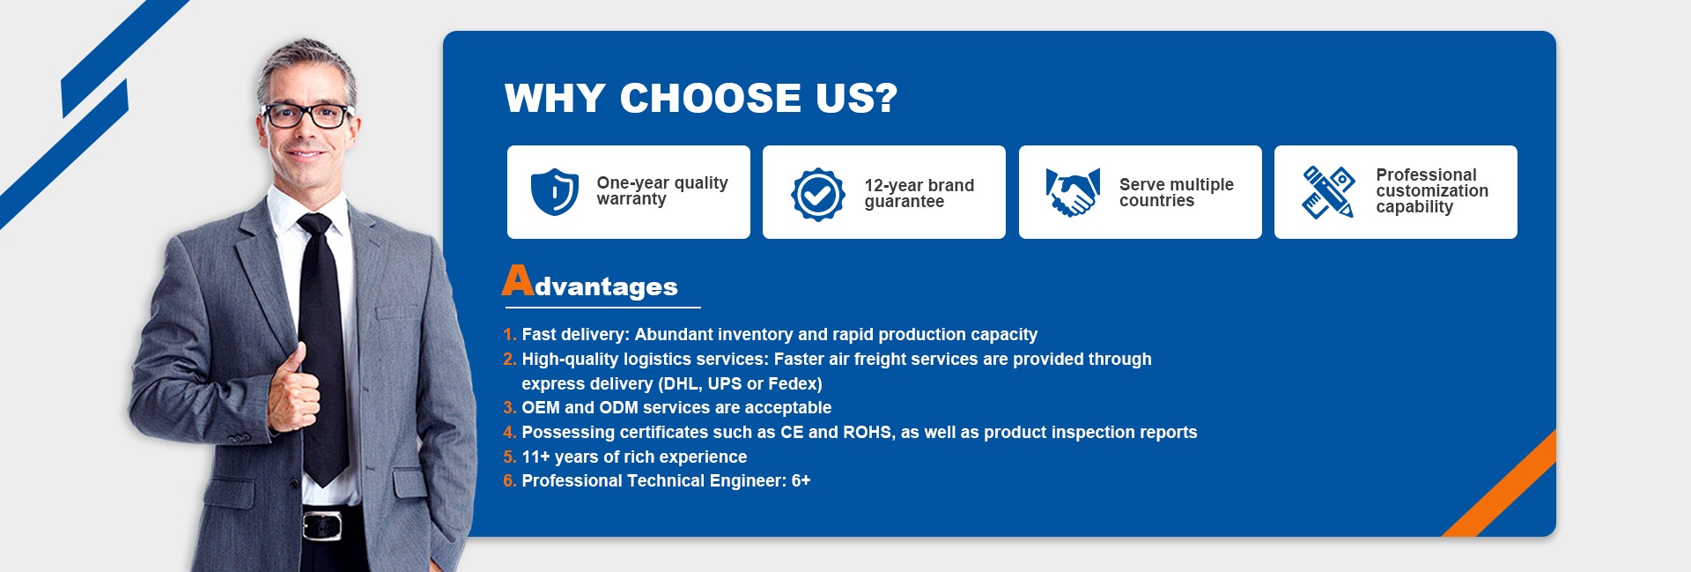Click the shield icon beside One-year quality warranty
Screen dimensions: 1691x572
[555, 192]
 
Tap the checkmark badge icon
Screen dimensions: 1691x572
[817, 195]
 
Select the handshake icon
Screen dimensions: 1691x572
[1073, 192]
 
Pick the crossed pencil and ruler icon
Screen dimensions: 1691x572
[1328, 192]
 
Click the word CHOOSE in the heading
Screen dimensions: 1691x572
[711, 98]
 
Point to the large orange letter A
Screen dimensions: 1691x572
[518, 280]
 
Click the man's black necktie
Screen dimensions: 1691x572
[323, 348]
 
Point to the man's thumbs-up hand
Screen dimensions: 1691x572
[293, 388]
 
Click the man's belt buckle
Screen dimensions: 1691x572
[322, 525]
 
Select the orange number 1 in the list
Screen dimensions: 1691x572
[507, 335]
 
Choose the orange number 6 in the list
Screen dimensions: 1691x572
[508, 481]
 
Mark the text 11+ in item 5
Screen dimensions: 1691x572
[536, 457]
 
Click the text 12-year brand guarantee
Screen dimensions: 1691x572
[919, 193]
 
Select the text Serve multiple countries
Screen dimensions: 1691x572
[1177, 192]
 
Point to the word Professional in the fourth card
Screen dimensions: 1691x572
[1427, 175]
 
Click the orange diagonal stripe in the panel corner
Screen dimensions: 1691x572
[1500, 483]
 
